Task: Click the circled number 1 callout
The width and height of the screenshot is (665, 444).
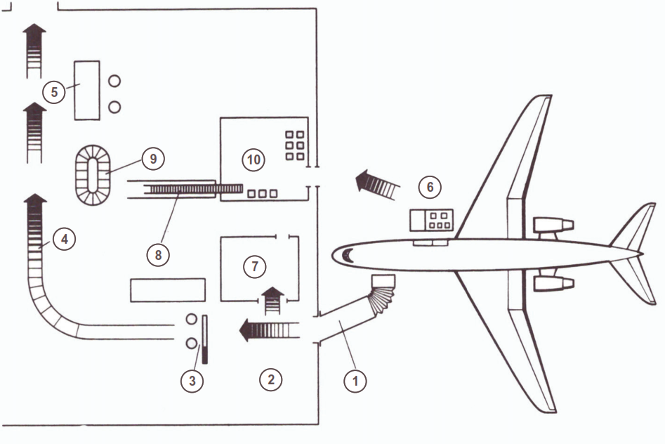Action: pyautogui.click(x=355, y=381)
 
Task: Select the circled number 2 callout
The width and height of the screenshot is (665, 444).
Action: pyautogui.click(x=270, y=379)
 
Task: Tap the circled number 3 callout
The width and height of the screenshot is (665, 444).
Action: pyautogui.click(x=192, y=380)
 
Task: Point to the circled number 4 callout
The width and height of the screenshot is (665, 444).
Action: pyautogui.click(x=65, y=239)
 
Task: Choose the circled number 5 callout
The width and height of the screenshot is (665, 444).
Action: pyautogui.click(x=54, y=92)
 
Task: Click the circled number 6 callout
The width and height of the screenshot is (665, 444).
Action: pyautogui.click(x=430, y=187)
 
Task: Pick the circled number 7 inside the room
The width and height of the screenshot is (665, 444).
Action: pyautogui.click(x=254, y=266)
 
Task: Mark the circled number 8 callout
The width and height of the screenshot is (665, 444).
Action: pyautogui.click(x=158, y=255)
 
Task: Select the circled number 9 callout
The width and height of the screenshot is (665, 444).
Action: pyautogui.click(x=152, y=159)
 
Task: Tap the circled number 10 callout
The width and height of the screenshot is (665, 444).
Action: pyautogui.click(x=254, y=159)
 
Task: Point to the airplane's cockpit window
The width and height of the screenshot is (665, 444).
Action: pyautogui.click(x=348, y=256)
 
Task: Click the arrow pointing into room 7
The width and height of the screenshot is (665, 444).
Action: pyautogui.click(x=272, y=301)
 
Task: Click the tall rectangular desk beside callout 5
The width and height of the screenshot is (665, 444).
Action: pyautogui.click(x=87, y=91)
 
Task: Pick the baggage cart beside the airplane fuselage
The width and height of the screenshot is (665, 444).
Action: pyautogui.click(x=431, y=221)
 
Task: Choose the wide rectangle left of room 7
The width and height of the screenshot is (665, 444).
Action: pyautogui.click(x=168, y=290)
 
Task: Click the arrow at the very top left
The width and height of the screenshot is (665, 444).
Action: pyautogui.click(x=34, y=51)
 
